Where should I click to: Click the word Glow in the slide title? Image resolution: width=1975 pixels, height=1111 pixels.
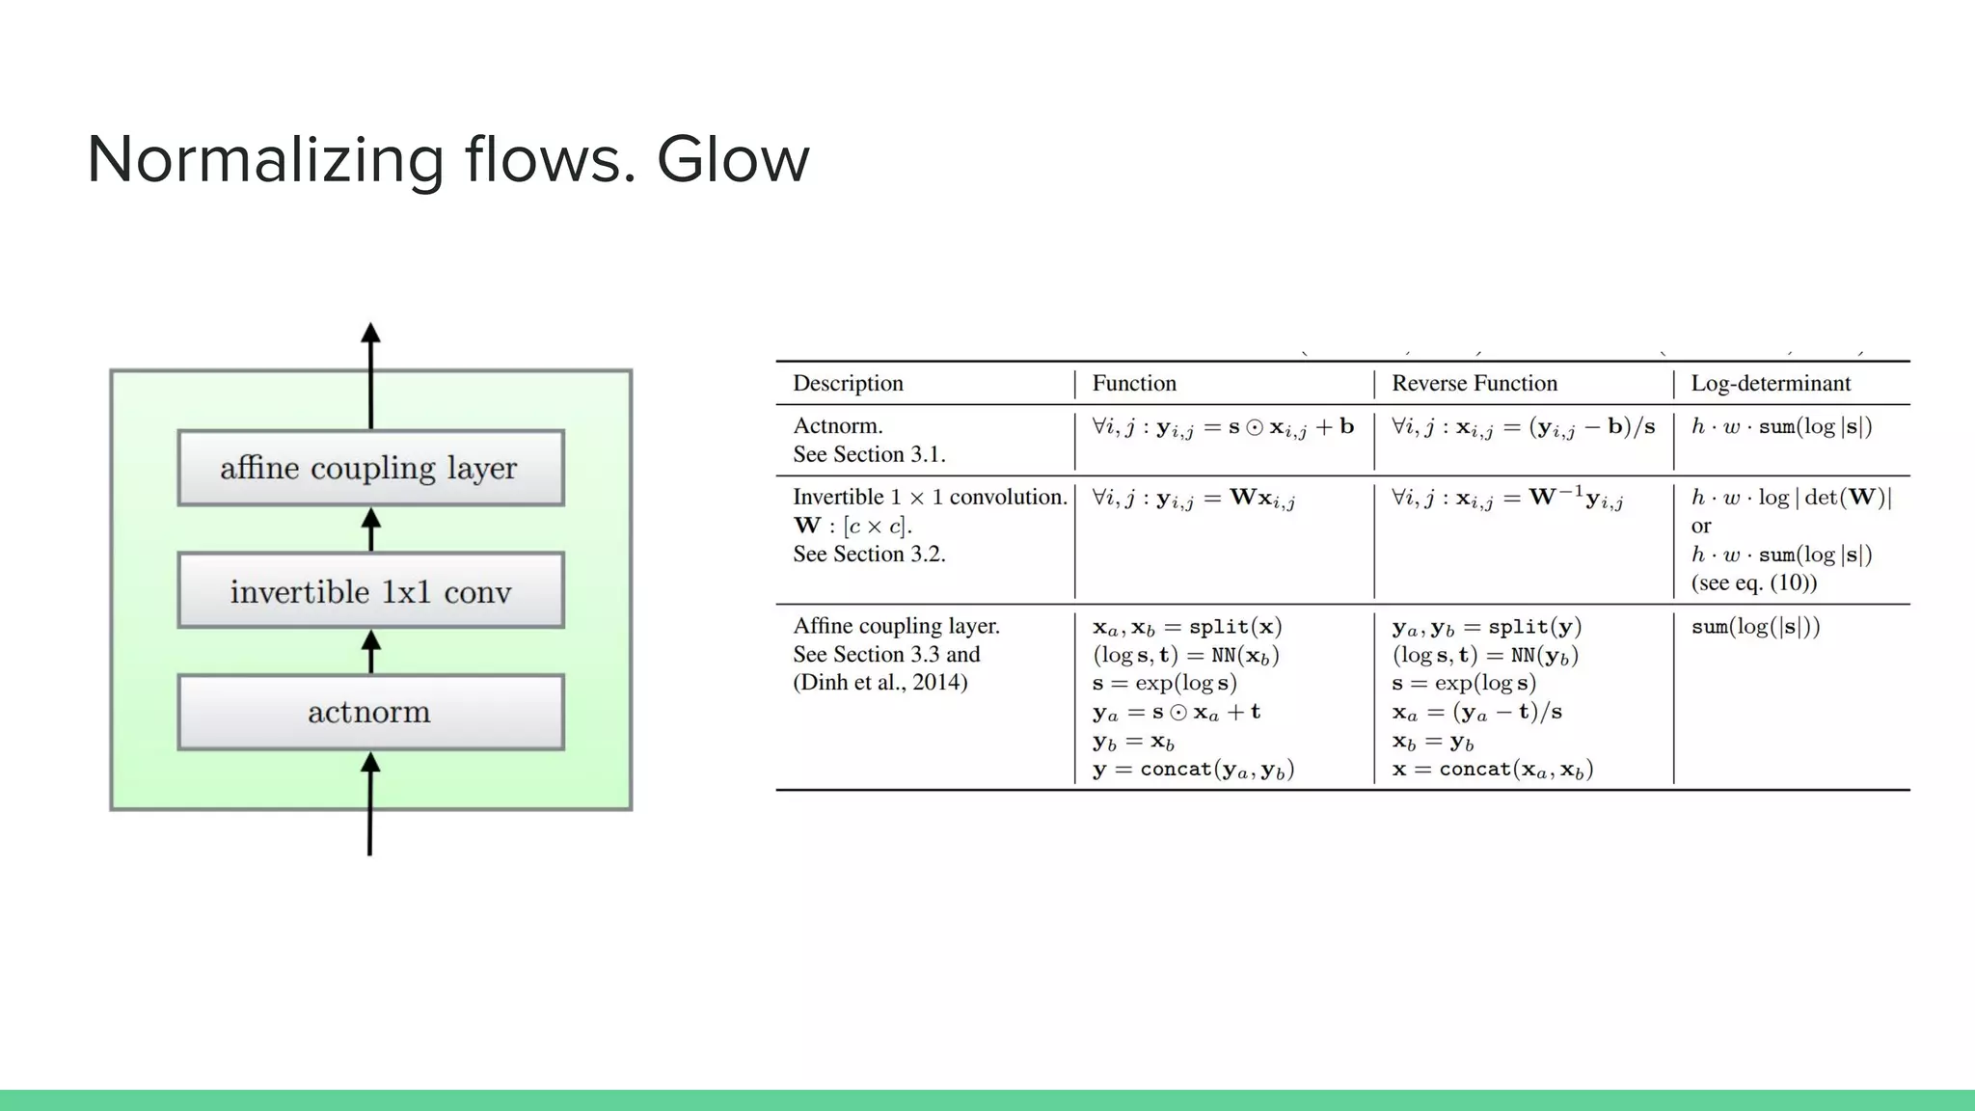click(733, 160)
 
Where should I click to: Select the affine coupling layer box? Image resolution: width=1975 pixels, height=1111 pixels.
click(370, 468)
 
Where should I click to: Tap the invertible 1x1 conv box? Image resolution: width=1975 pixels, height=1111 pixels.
click(370, 590)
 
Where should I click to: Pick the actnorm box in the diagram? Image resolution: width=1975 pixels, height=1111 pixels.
click(370, 712)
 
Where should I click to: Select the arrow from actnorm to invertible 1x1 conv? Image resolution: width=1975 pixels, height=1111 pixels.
click(370, 651)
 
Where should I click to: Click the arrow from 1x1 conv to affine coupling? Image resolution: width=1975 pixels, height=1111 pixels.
click(370, 528)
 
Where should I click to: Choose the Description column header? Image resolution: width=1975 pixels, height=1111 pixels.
click(848, 383)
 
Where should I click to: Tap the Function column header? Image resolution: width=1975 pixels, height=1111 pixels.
click(1134, 383)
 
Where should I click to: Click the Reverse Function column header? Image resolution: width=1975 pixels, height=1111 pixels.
click(1474, 383)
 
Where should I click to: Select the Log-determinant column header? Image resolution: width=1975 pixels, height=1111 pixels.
click(1771, 383)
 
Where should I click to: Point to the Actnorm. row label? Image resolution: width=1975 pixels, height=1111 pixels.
click(837, 425)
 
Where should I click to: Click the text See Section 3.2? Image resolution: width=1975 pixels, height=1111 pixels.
click(869, 554)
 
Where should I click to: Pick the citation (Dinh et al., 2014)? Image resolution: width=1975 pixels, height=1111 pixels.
click(879, 682)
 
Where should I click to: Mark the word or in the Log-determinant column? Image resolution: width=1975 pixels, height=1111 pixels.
click(1701, 526)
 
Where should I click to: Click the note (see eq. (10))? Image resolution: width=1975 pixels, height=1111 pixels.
click(1753, 583)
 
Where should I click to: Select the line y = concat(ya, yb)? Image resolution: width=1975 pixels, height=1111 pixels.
click(1193, 769)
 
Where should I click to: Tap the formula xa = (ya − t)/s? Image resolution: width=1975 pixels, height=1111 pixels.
click(1476, 712)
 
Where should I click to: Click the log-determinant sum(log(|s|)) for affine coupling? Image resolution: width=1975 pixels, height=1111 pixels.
click(1755, 626)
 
